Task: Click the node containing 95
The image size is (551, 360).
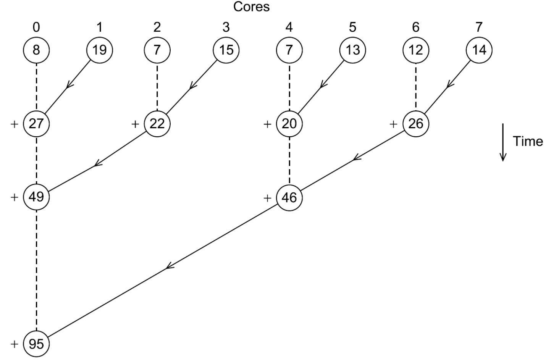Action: point(36,344)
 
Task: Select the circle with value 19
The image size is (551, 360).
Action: point(99,50)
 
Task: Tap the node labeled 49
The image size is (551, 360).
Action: point(36,197)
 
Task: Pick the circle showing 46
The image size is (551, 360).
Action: point(289,197)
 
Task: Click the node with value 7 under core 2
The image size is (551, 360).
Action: point(157,50)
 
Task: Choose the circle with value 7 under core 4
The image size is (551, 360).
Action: point(289,50)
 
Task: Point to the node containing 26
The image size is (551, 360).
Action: point(416,124)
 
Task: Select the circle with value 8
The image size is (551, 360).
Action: point(36,50)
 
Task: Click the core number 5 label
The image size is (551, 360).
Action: point(352,27)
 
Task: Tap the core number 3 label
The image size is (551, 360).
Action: point(226,27)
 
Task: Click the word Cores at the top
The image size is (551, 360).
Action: point(251,6)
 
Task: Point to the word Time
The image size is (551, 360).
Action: point(528,141)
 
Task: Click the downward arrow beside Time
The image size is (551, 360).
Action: point(503,142)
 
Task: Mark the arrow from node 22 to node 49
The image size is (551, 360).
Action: point(97,164)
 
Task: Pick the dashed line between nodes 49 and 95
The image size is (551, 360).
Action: point(36,271)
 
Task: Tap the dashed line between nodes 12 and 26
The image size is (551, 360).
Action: point(416,87)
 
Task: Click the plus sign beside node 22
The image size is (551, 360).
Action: point(135,124)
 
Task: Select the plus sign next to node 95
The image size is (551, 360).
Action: point(15,344)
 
